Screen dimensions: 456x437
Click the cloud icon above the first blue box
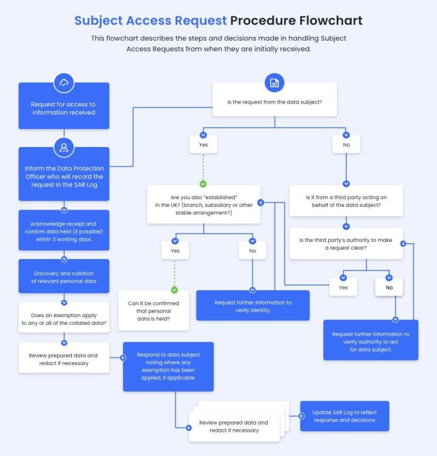pos(64,83)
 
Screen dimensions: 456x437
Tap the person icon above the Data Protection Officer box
pos(64,147)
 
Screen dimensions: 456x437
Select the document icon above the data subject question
pos(274,83)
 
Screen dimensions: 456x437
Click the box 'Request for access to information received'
pos(64,108)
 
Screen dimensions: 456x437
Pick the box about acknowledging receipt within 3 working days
pos(64,232)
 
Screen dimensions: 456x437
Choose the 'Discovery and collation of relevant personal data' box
pos(64,278)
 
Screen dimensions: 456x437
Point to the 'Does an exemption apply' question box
pos(64,319)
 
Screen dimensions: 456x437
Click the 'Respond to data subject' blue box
pos(168,367)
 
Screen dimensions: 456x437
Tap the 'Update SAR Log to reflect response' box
pos(344,416)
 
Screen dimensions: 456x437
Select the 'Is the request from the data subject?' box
pos(274,102)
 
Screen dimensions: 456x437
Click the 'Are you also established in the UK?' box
pos(204,204)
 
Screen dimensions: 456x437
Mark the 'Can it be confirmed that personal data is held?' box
pos(154,311)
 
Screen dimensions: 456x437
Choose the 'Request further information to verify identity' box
pos(253,306)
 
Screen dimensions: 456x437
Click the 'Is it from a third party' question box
pos(346,201)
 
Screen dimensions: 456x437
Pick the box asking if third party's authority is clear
pos(346,244)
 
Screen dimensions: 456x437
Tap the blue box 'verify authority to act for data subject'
pos(371,341)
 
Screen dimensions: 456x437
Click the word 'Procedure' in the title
pos(265,21)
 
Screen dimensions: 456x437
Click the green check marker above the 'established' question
pos(203,184)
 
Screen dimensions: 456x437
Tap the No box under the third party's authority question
pos(389,287)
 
